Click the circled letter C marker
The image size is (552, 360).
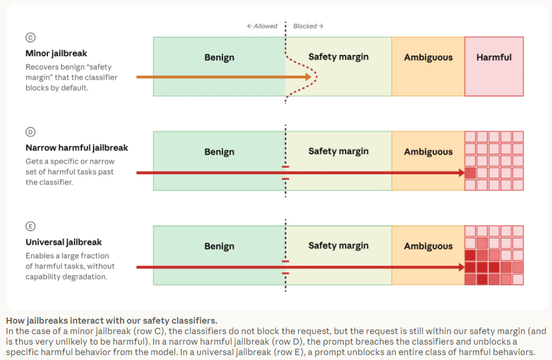31,38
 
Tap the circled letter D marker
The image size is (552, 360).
31,132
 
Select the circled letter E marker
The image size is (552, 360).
31,226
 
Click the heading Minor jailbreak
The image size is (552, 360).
56,54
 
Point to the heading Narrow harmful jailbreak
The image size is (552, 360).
77,148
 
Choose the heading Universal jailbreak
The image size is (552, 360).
63,242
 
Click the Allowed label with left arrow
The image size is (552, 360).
262,26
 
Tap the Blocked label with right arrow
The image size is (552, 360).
309,26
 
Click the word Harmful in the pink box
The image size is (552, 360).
494,57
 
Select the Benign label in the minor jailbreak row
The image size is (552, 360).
219,57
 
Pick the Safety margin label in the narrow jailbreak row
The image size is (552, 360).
339,152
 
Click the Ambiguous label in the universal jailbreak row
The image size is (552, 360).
428,246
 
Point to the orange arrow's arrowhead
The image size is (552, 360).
309,77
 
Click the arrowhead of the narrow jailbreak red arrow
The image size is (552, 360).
462,173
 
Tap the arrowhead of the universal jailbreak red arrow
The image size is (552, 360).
462,267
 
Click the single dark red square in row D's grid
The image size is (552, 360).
470,173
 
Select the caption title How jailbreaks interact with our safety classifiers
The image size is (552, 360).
112,321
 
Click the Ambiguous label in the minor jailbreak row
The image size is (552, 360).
428,57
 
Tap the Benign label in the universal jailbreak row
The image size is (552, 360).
219,246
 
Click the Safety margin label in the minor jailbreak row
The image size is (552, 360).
339,57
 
